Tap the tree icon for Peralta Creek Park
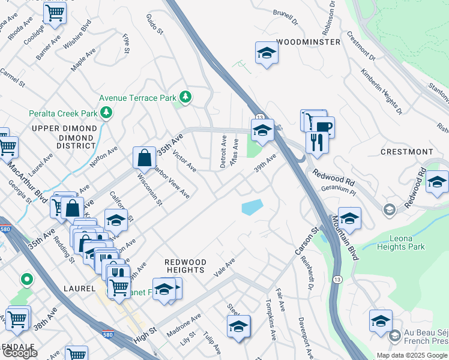107,113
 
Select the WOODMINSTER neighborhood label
308,42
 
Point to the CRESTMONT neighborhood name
406,152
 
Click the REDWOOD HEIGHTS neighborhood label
185,266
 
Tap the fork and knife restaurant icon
315,143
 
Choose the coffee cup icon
323,127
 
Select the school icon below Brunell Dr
266,54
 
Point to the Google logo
20,353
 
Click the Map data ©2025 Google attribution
412,355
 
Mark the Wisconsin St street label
149,189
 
